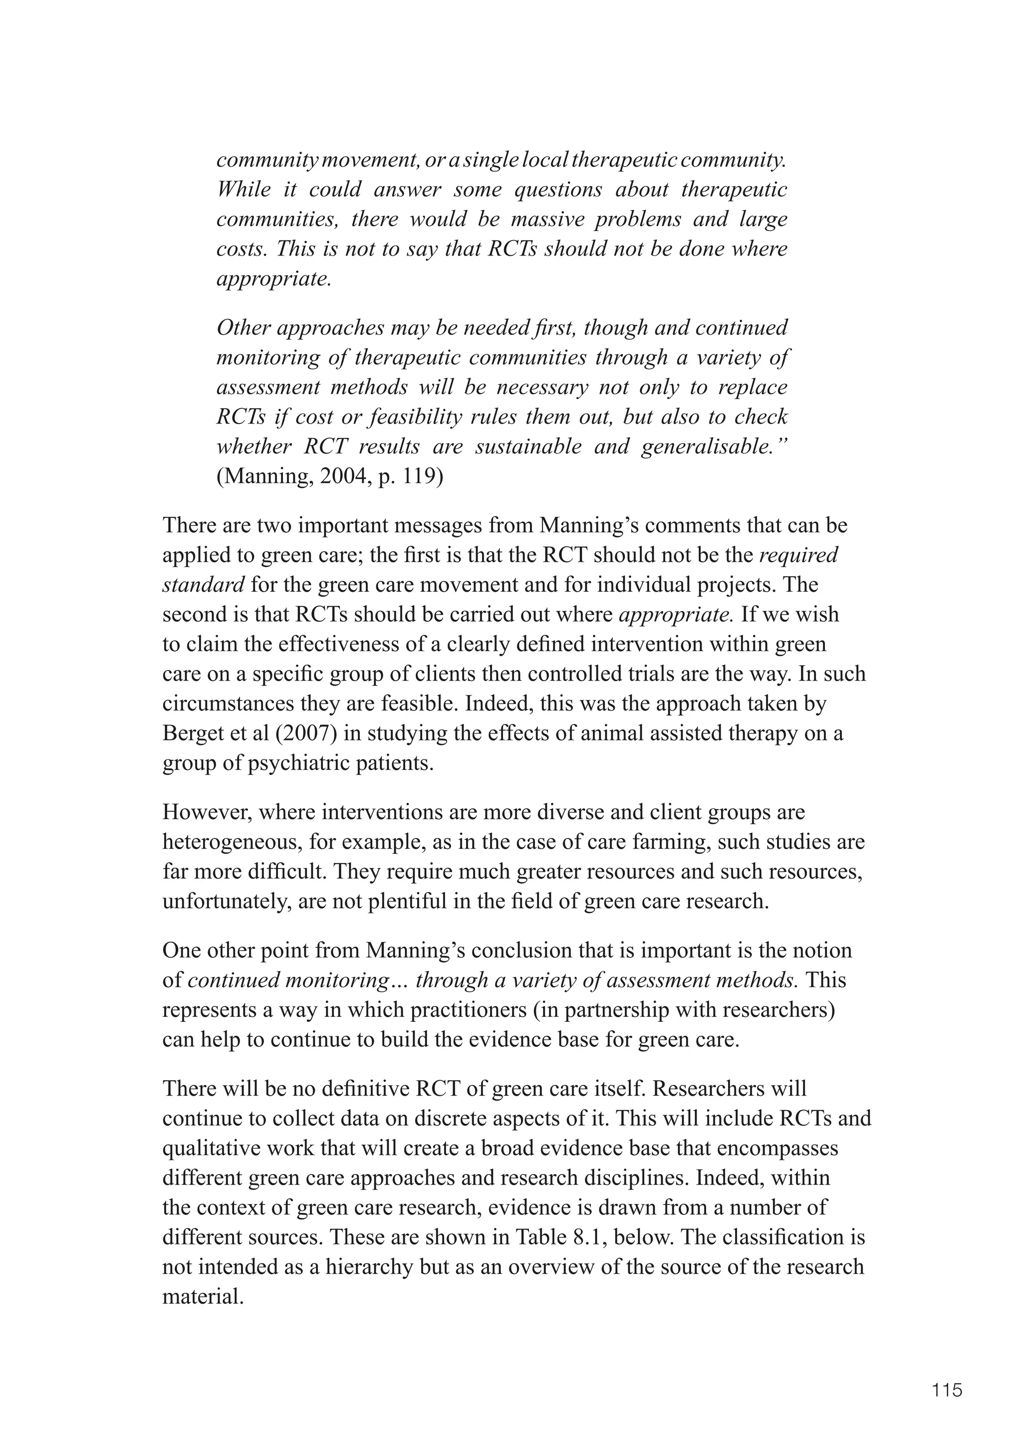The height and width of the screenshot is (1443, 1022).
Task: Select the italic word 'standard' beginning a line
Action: [x=203, y=585]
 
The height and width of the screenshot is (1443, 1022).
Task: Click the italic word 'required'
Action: [x=799, y=555]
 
